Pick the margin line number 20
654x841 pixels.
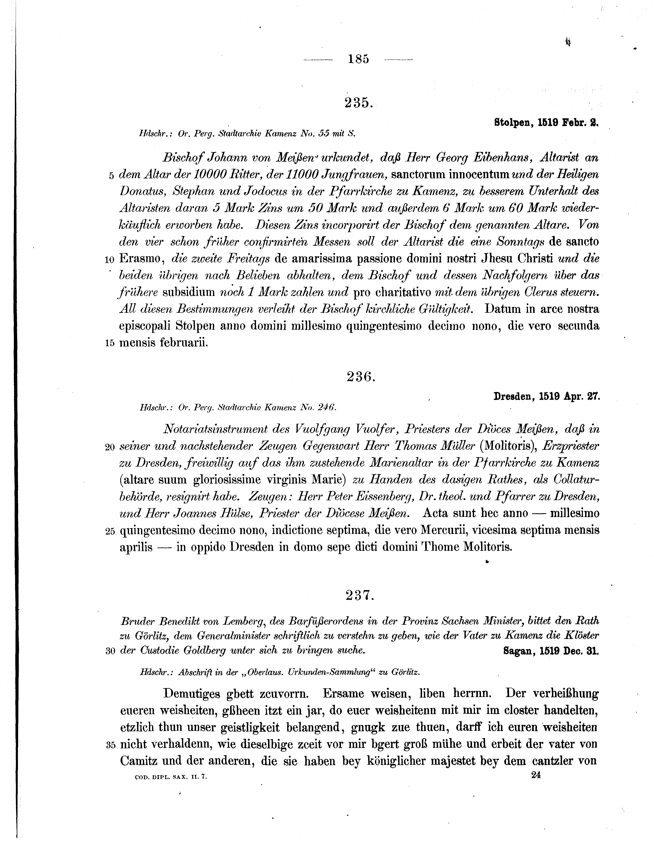pos(109,447)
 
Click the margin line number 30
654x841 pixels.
pos(110,652)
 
